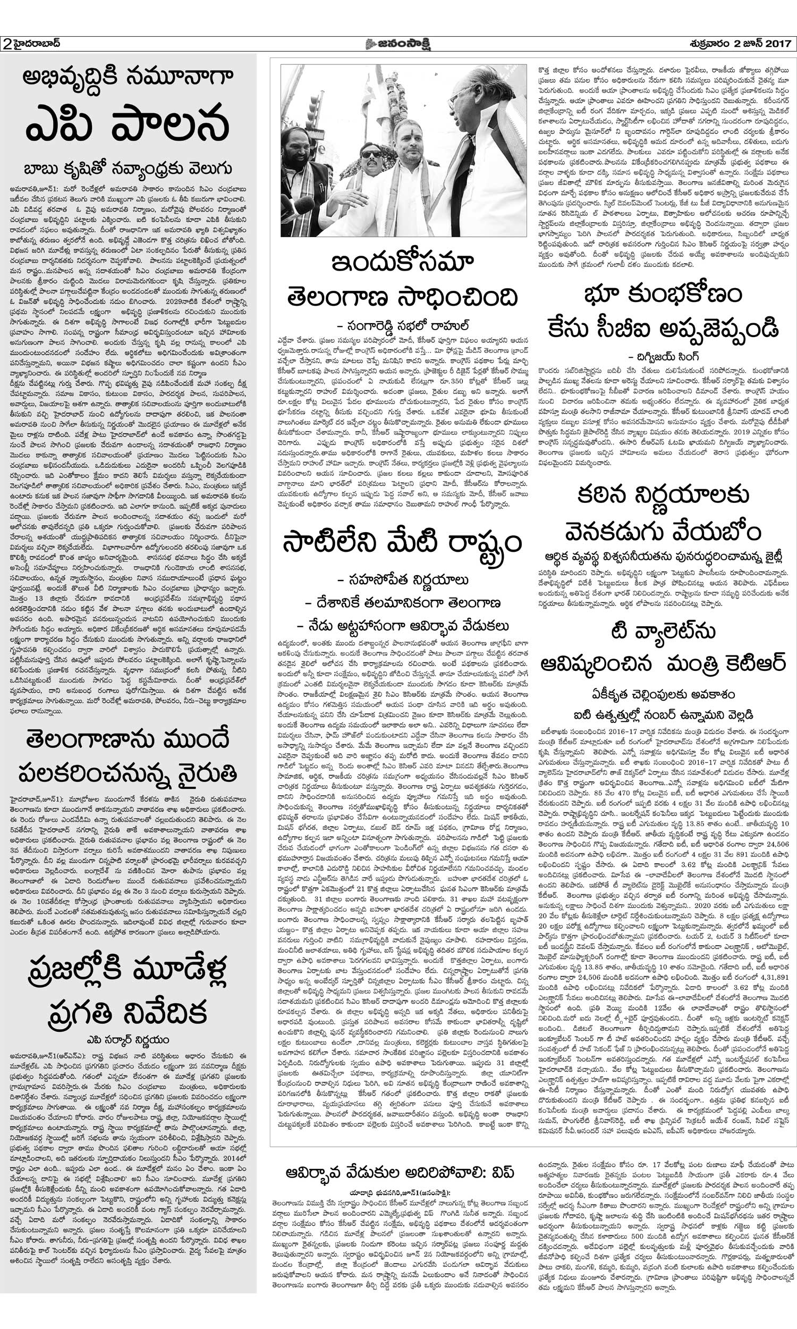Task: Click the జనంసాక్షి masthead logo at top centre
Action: click(x=398, y=44)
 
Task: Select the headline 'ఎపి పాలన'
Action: click(x=128, y=123)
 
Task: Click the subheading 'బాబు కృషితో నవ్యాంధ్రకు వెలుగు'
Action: click(x=128, y=169)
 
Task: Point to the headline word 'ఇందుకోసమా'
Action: click(x=402, y=263)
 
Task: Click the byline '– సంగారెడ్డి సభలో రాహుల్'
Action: click(x=402, y=325)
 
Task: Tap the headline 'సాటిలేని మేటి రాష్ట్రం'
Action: click(x=402, y=543)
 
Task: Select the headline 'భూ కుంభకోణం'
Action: click(x=663, y=294)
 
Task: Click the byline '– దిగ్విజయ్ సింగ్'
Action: click(x=663, y=356)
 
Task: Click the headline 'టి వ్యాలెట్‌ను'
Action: click(x=663, y=632)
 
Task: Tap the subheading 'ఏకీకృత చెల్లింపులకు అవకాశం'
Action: click(x=663, y=694)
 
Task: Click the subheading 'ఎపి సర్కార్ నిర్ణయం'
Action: click(x=128, y=1040)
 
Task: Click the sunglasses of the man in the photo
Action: click(x=370, y=154)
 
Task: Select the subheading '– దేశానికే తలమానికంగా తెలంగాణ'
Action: click(x=402, y=602)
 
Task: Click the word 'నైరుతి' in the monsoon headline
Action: click(x=207, y=773)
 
